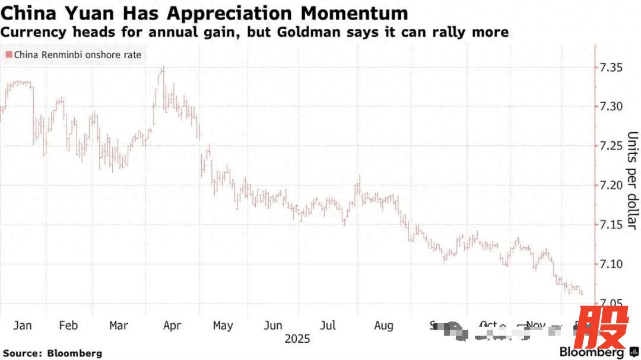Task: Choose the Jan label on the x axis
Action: [x=23, y=325]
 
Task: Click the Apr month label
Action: [x=172, y=325]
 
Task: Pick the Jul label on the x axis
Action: [x=328, y=325]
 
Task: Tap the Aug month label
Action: [x=384, y=325]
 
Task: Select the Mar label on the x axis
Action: [x=119, y=325]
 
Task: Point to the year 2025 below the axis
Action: [x=297, y=339]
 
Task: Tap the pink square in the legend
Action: [x=9, y=55]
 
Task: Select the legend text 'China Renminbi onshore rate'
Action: [x=74, y=55]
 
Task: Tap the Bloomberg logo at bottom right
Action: [x=588, y=352]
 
